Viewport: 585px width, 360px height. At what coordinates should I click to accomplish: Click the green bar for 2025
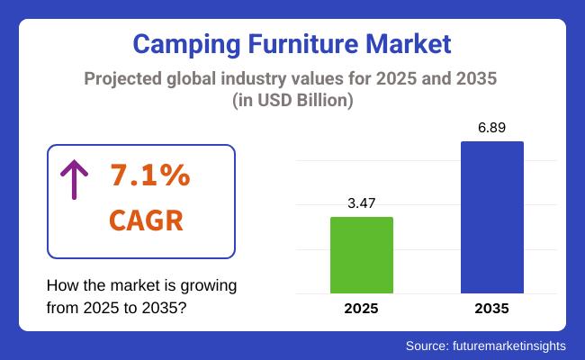[x=362, y=255]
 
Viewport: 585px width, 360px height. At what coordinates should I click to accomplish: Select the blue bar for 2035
[x=491, y=217]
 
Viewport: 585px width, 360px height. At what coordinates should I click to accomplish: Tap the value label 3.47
[x=362, y=203]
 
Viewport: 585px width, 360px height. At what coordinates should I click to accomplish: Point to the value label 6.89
[x=491, y=127]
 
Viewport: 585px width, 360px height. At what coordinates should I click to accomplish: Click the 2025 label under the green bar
[x=362, y=309]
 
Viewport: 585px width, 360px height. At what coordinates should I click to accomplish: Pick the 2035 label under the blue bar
[x=491, y=309]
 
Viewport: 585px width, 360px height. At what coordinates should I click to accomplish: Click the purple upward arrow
[x=73, y=179]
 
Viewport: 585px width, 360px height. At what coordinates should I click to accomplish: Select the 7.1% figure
[x=149, y=176]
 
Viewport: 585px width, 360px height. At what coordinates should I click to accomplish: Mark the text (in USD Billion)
[x=292, y=102]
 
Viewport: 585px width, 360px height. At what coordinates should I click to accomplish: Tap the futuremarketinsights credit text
[x=513, y=345]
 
